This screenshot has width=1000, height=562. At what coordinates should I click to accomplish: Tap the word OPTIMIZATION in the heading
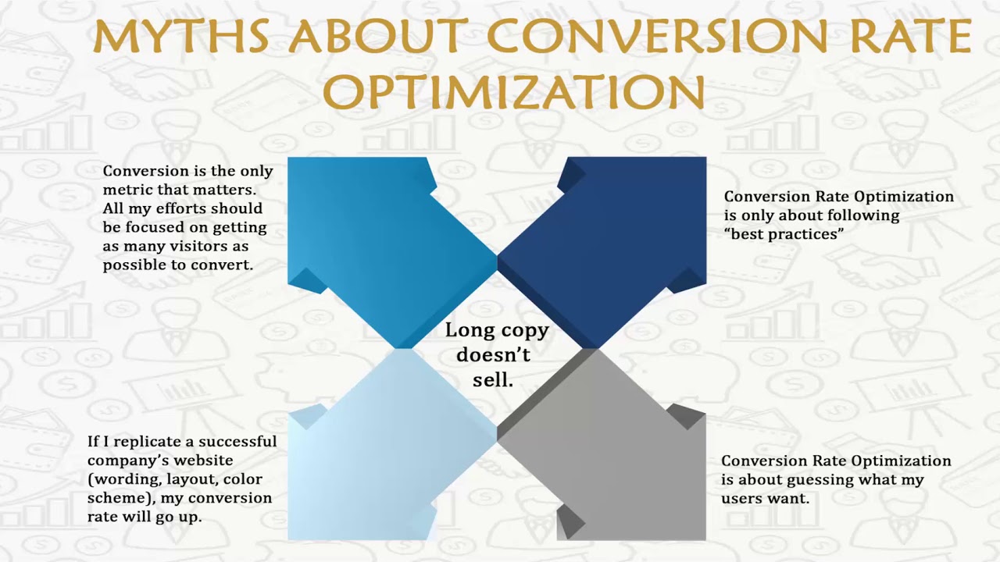click(515, 91)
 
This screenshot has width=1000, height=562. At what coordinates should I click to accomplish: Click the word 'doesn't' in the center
click(493, 355)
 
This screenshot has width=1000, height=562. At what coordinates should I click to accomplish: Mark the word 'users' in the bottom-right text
click(743, 498)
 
